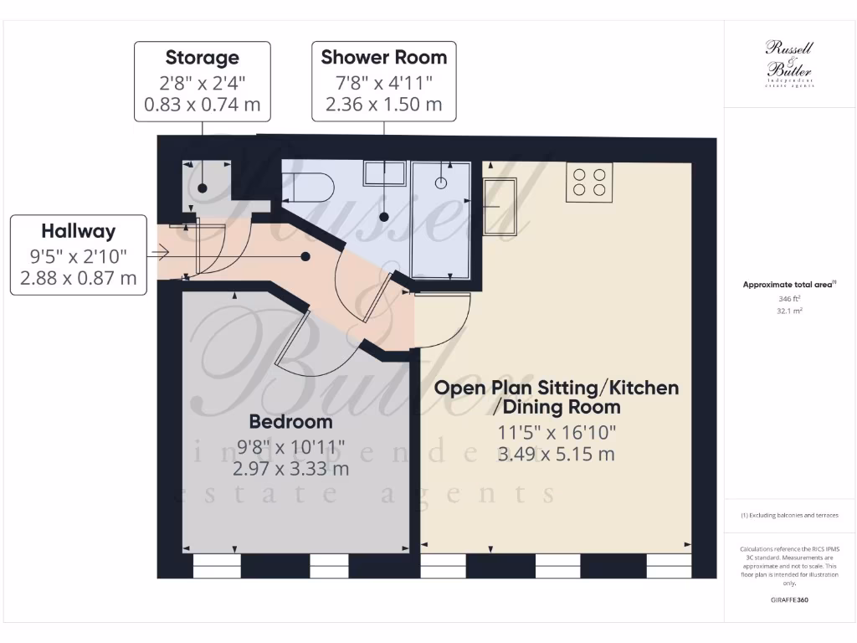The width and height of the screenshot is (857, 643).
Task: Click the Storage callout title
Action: click(202, 58)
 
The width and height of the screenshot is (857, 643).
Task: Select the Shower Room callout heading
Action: click(384, 58)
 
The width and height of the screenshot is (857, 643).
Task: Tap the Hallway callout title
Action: click(79, 231)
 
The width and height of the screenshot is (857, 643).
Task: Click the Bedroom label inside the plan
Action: click(290, 421)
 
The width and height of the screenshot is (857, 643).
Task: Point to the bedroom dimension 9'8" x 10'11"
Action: click(290, 448)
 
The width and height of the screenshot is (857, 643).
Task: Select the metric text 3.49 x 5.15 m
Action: click(556, 455)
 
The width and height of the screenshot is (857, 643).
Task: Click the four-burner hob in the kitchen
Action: click(589, 183)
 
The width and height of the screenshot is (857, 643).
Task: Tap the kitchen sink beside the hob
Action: click(505, 206)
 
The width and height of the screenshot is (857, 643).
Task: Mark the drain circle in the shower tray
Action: click(442, 181)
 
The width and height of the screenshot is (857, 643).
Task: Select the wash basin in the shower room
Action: click(383, 173)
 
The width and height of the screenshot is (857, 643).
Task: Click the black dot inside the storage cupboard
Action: click(203, 188)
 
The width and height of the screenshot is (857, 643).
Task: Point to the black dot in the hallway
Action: click(305, 256)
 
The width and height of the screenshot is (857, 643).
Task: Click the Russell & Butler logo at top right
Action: click(789, 63)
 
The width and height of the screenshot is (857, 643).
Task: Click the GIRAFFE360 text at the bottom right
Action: click(789, 600)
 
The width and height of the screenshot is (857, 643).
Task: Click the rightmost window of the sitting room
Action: click(669, 567)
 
